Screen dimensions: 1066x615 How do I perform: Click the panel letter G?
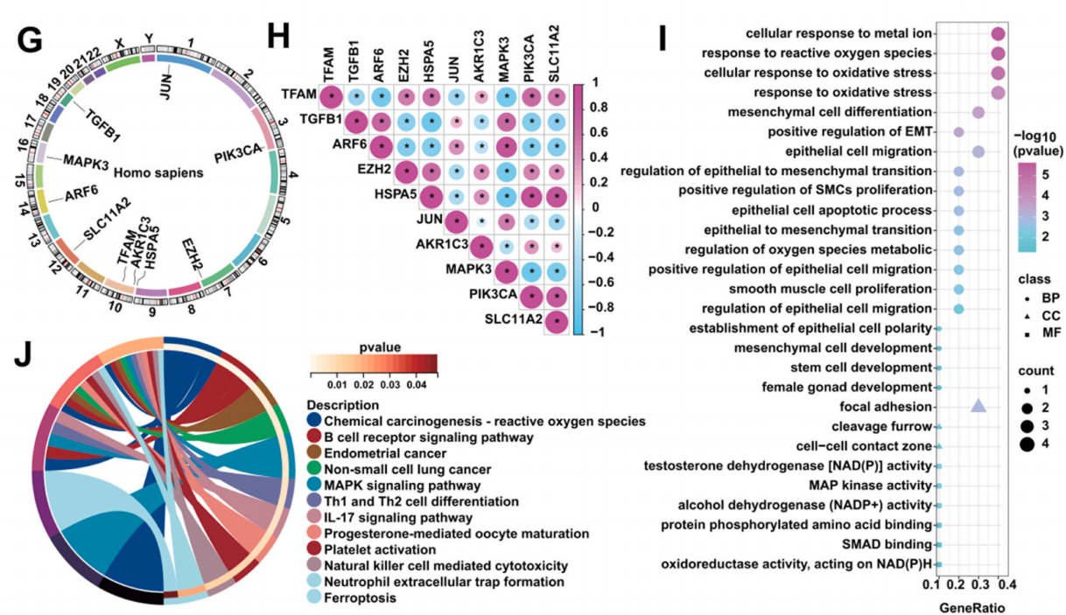(x=30, y=40)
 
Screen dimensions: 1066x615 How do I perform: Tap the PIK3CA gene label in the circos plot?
(x=238, y=154)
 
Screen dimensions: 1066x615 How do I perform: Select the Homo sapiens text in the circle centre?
(x=158, y=172)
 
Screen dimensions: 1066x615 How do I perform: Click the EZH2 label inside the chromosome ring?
(x=193, y=255)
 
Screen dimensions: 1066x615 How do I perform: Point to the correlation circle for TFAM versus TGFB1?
(x=356, y=97)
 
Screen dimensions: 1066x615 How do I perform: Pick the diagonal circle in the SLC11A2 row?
(x=557, y=322)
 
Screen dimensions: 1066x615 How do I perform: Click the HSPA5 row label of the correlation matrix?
(x=396, y=194)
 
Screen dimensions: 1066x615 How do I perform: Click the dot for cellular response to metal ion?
(x=998, y=34)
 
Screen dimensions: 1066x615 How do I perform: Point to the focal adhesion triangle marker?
(x=978, y=405)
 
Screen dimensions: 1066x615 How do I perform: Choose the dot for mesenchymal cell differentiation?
(x=978, y=113)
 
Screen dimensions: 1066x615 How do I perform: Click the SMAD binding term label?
(x=887, y=544)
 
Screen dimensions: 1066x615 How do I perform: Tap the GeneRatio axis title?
(x=971, y=608)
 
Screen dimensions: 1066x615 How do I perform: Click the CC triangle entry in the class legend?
(x=1027, y=317)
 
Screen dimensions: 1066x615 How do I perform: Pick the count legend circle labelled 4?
(x=1027, y=444)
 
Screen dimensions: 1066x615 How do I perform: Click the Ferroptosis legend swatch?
(x=314, y=597)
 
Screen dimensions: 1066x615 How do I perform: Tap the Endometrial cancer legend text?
(x=385, y=453)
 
